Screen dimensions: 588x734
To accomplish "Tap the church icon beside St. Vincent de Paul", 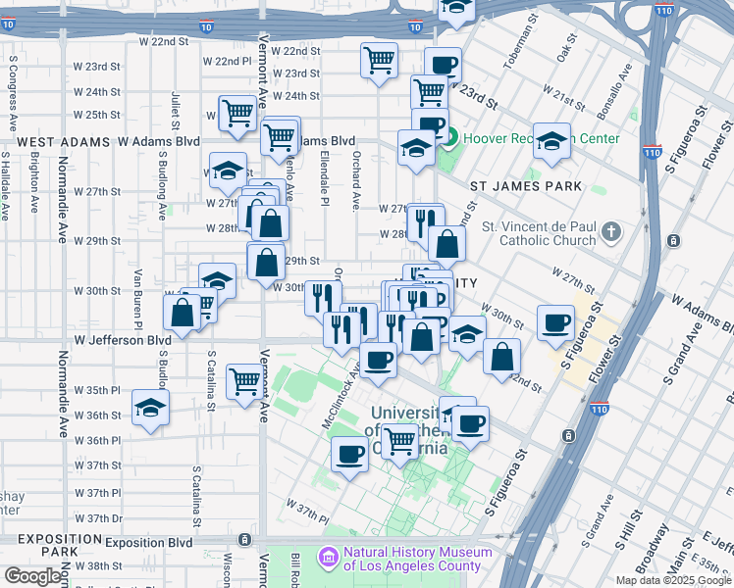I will tap(611, 232).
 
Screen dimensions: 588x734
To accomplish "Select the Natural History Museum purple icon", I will tap(326, 558).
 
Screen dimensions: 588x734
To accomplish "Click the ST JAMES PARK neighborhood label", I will tap(526, 186).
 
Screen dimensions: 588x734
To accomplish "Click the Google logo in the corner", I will tap(32, 576).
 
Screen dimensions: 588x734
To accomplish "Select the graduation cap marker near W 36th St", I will tap(150, 407).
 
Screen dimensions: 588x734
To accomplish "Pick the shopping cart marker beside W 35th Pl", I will tap(244, 381).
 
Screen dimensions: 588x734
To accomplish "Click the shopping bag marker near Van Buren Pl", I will tap(183, 313).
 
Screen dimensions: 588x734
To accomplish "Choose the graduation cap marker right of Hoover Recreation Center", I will tap(552, 140).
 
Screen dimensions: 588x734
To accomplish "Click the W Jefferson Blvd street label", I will tap(123, 340).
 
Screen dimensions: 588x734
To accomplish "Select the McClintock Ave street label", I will tap(341, 397).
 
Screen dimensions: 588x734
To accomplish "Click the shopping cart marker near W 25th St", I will tap(237, 114).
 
